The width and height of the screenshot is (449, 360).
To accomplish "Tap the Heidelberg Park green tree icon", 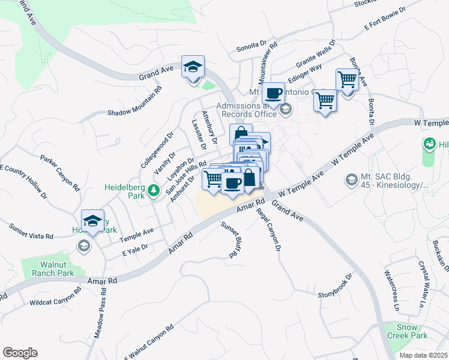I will coord(154,190).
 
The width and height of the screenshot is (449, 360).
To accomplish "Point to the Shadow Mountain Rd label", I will coord(135,101).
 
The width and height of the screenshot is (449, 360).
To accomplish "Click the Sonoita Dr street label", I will coord(251,46).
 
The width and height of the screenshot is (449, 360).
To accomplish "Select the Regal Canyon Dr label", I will coord(268,230).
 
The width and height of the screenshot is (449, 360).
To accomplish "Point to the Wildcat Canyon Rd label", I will coord(55,299).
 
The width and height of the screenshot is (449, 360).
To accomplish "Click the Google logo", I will coord(20,353).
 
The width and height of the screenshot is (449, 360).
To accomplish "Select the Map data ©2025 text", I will coord(423,355).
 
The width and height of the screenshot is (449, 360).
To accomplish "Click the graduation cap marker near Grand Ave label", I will coord(193,67).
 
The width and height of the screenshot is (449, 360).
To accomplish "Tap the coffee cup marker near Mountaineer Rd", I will coord(273,94).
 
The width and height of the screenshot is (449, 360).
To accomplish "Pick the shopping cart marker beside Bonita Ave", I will coord(347,79).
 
